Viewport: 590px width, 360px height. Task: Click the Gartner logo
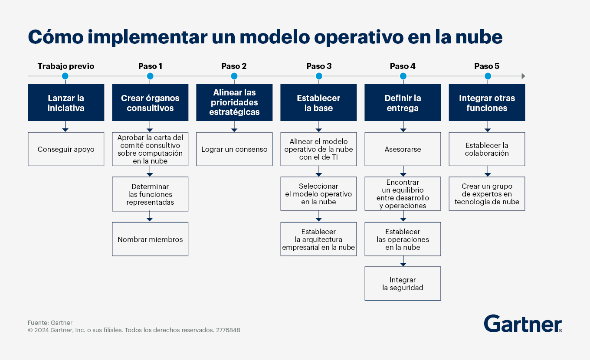pyautogui.click(x=523, y=324)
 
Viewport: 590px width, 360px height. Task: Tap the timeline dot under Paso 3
pyautogui.click(x=319, y=76)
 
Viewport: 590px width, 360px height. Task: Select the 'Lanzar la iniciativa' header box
pyautogui.click(x=66, y=102)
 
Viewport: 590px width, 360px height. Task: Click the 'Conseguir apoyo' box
pyautogui.click(x=66, y=149)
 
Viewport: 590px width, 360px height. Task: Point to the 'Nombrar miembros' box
pyautogui.click(x=150, y=239)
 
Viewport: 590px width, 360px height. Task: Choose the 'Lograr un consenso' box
pyautogui.click(x=234, y=149)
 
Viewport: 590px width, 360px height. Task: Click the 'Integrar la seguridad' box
pyautogui.click(x=403, y=283)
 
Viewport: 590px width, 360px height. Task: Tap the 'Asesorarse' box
pyautogui.click(x=403, y=149)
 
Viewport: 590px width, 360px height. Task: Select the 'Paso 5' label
pyautogui.click(x=487, y=66)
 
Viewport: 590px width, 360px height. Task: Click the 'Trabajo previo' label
pyautogui.click(x=66, y=66)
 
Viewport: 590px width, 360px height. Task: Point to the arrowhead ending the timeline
pyautogui.click(x=523, y=76)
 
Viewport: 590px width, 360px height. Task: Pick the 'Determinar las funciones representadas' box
pyautogui.click(x=150, y=194)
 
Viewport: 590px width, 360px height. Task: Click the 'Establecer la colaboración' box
pyautogui.click(x=487, y=149)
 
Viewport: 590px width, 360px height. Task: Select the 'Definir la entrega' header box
pyautogui.click(x=403, y=102)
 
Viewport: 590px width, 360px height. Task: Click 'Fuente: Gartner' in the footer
pyautogui.click(x=50, y=323)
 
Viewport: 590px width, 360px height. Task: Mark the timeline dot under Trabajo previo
pyautogui.click(x=65, y=76)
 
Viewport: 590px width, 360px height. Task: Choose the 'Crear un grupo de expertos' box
pyautogui.click(x=487, y=193)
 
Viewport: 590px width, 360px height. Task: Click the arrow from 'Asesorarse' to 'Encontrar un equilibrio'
pyautogui.click(x=403, y=171)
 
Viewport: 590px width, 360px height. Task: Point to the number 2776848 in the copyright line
pyautogui.click(x=228, y=330)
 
